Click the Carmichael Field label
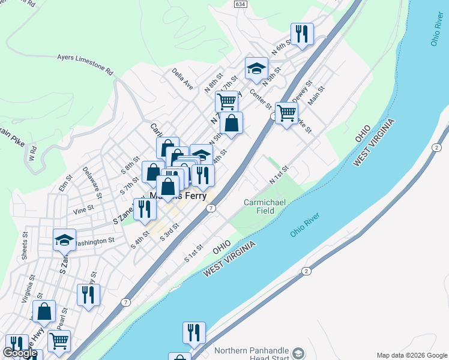268,207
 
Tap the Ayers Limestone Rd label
85,64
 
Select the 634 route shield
241,4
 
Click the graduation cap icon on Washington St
65,240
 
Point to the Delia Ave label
182,79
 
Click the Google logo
20,353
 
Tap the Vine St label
83,209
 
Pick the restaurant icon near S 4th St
145,208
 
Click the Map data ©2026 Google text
411,355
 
